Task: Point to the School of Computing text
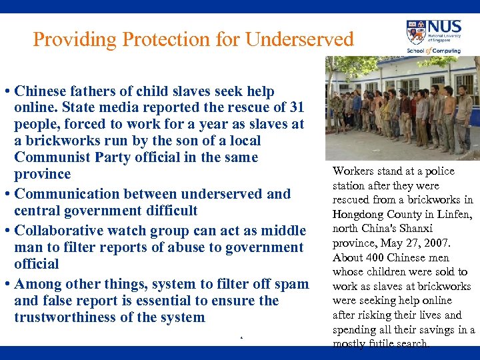433,51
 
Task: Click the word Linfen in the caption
455,214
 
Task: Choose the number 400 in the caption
374,258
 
